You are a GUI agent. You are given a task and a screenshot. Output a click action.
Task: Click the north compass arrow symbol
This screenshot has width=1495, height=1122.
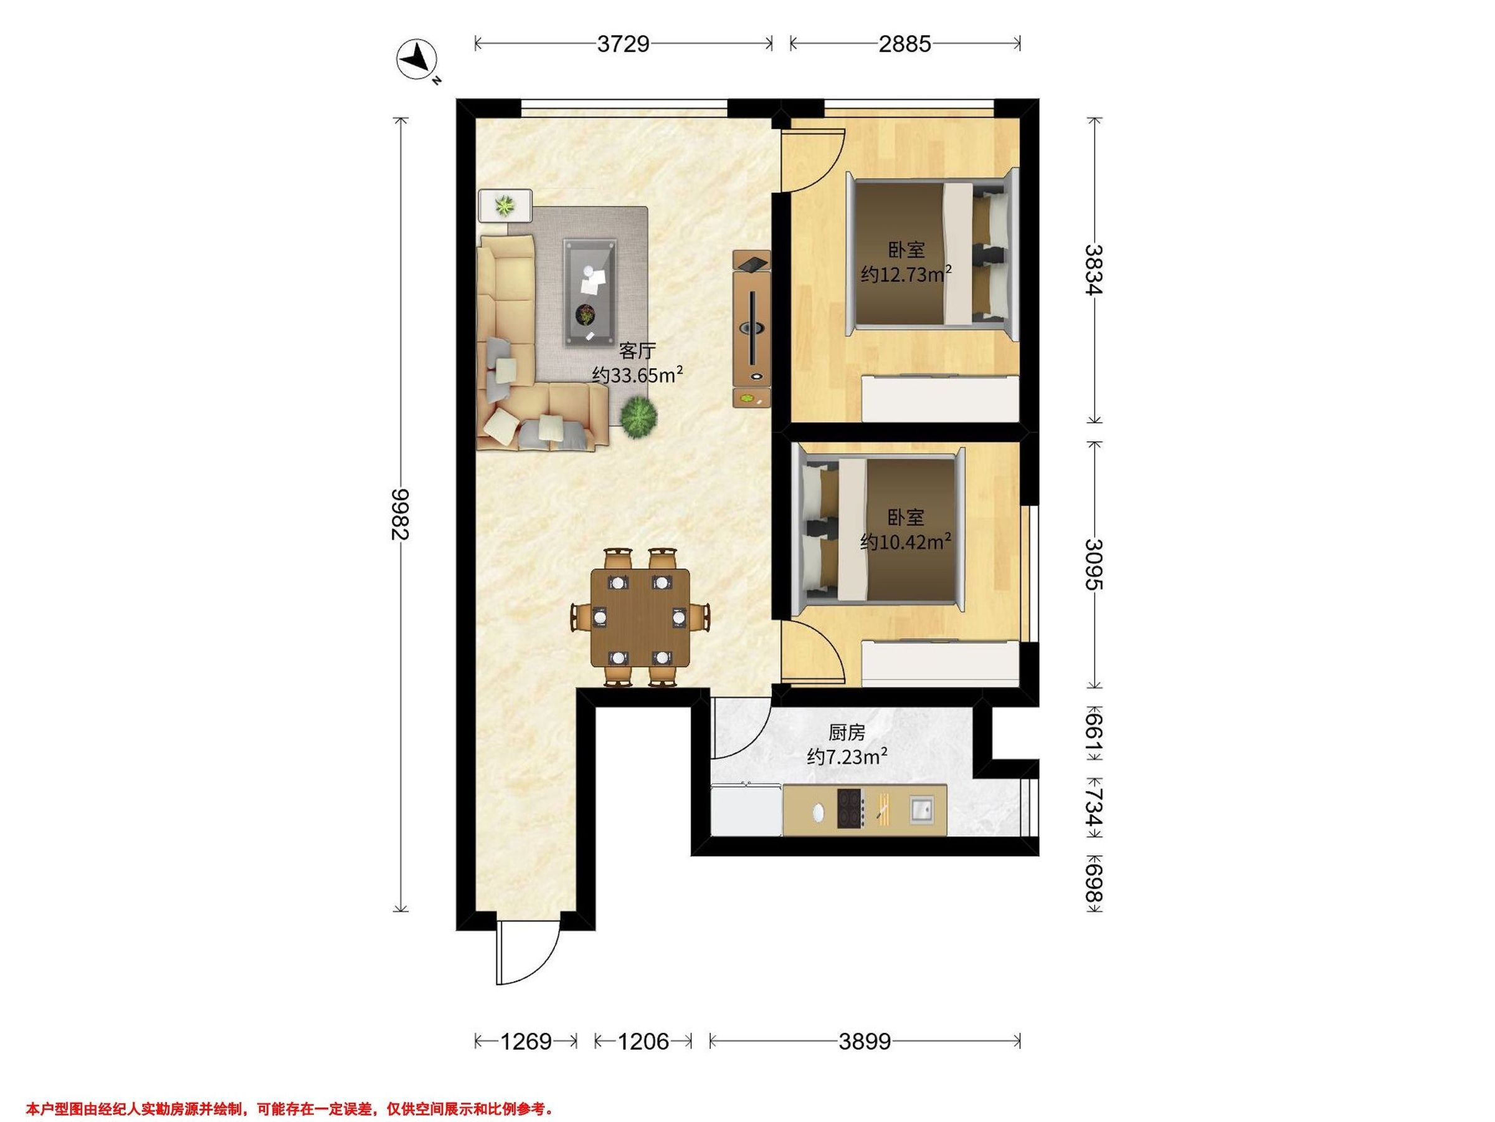[x=417, y=59]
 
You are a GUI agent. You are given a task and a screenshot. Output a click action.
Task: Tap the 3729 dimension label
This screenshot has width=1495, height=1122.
[x=623, y=44]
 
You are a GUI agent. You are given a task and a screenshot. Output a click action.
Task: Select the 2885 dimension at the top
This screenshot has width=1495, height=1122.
[x=905, y=44]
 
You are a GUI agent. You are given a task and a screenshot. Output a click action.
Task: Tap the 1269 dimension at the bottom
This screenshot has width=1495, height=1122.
[x=526, y=1041]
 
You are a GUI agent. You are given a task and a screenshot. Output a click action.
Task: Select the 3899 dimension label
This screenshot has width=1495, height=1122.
[x=865, y=1041]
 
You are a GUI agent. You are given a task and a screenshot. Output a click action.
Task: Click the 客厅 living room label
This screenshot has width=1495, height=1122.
[x=637, y=350]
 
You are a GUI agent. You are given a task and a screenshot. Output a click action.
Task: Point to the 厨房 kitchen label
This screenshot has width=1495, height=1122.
[x=847, y=732]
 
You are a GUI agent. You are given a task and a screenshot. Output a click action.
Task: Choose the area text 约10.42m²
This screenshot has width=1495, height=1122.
[x=906, y=542]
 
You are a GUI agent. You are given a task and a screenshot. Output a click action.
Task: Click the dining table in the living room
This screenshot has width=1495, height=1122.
[x=640, y=618]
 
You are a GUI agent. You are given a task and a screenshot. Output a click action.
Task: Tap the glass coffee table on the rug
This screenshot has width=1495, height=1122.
[x=590, y=292]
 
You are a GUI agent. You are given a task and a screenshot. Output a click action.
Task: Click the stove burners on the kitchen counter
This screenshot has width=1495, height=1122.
[x=851, y=809]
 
